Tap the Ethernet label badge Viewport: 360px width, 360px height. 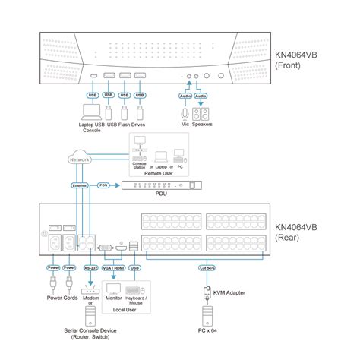pos(80,185)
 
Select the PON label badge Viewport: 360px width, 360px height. pos(104,185)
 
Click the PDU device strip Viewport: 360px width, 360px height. pos(164,185)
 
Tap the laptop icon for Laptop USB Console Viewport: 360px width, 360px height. pos(93,113)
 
